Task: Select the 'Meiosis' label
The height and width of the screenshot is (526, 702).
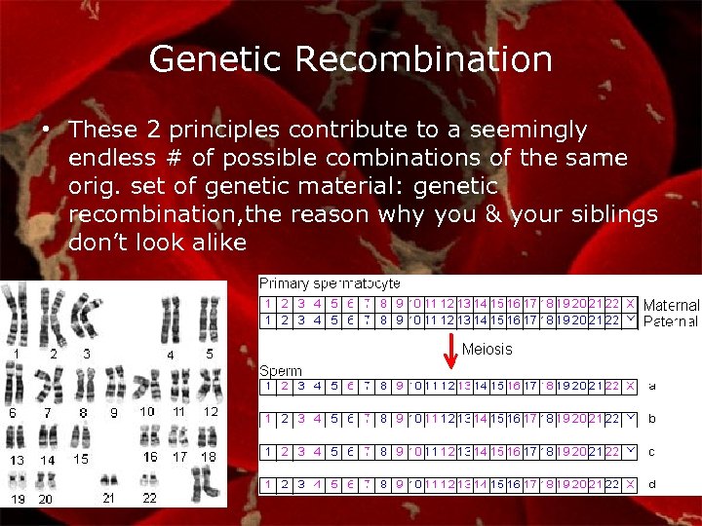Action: pyautogui.click(x=487, y=349)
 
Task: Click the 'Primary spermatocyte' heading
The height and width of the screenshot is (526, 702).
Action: pyautogui.click(x=330, y=283)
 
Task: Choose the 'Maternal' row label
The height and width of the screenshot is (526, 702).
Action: pyautogui.click(x=671, y=305)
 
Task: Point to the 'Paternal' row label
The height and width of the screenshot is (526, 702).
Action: pyautogui.click(x=671, y=320)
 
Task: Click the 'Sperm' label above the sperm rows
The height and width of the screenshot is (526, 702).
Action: pyautogui.click(x=281, y=371)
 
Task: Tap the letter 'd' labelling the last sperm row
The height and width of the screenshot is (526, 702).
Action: pyautogui.click(x=651, y=484)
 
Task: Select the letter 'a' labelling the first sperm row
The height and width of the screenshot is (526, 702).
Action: pyautogui.click(x=651, y=386)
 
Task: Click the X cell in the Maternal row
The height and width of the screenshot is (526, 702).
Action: pyautogui.click(x=630, y=305)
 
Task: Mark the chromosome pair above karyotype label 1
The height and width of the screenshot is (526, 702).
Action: pyautogui.click(x=16, y=314)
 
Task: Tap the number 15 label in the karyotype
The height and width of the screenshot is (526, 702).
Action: pyautogui.click(x=81, y=458)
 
